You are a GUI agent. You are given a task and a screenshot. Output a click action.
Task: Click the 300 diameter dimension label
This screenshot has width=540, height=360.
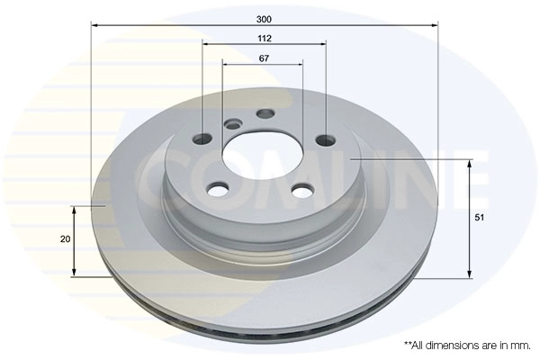tap(264, 18)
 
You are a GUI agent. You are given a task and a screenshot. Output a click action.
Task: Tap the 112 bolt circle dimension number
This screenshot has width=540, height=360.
tap(264, 38)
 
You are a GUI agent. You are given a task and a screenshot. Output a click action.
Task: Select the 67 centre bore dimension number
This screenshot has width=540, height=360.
tap(264, 58)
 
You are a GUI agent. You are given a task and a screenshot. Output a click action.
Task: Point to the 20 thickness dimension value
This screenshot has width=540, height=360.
tap(64, 240)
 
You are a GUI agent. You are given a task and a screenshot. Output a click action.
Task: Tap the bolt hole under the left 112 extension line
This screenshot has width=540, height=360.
tap(203, 139)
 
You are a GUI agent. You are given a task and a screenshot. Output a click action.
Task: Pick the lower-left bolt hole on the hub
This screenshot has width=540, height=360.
tap(218, 189)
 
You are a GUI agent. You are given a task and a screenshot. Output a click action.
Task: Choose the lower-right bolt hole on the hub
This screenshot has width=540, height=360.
tap(303, 191)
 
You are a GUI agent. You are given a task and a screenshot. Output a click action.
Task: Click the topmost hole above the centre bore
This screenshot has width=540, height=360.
tap(265, 113)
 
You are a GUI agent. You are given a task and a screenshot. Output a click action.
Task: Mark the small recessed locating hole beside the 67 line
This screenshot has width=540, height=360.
tap(233, 124)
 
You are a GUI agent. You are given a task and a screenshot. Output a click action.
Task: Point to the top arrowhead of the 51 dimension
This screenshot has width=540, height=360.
tap(469, 163)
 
